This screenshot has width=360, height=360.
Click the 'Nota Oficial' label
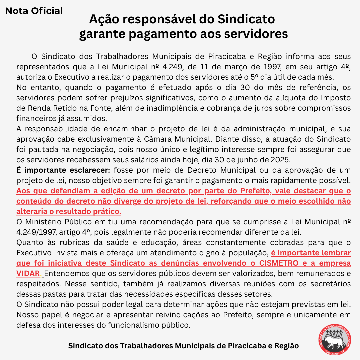click(x=34, y=11)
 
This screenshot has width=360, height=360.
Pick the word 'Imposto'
click(x=333, y=98)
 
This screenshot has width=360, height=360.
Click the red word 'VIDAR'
click(x=28, y=274)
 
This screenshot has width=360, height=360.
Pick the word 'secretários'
click(x=330, y=284)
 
